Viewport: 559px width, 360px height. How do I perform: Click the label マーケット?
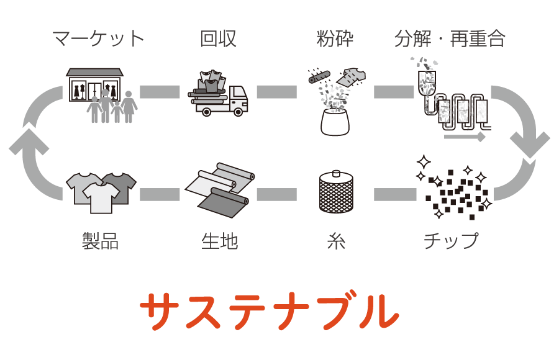[x=98, y=38]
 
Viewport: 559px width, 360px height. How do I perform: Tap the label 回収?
[x=218, y=38]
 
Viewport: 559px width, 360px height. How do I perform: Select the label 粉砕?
[x=335, y=38]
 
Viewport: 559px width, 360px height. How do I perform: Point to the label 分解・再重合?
[x=450, y=38]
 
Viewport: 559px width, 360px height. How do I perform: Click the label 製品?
[x=100, y=241]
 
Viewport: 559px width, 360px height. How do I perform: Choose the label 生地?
[x=219, y=241]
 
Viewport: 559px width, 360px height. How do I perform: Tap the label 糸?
[x=336, y=241]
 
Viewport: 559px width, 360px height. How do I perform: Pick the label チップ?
[x=451, y=241]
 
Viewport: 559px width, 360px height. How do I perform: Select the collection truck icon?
[x=220, y=96]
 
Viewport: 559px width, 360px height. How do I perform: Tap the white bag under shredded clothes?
[x=335, y=122]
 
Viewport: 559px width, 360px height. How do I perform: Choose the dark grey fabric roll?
[x=224, y=202]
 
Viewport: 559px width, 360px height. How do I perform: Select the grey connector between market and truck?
[x=160, y=92]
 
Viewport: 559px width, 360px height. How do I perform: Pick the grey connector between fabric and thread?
[x=276, y=194]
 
